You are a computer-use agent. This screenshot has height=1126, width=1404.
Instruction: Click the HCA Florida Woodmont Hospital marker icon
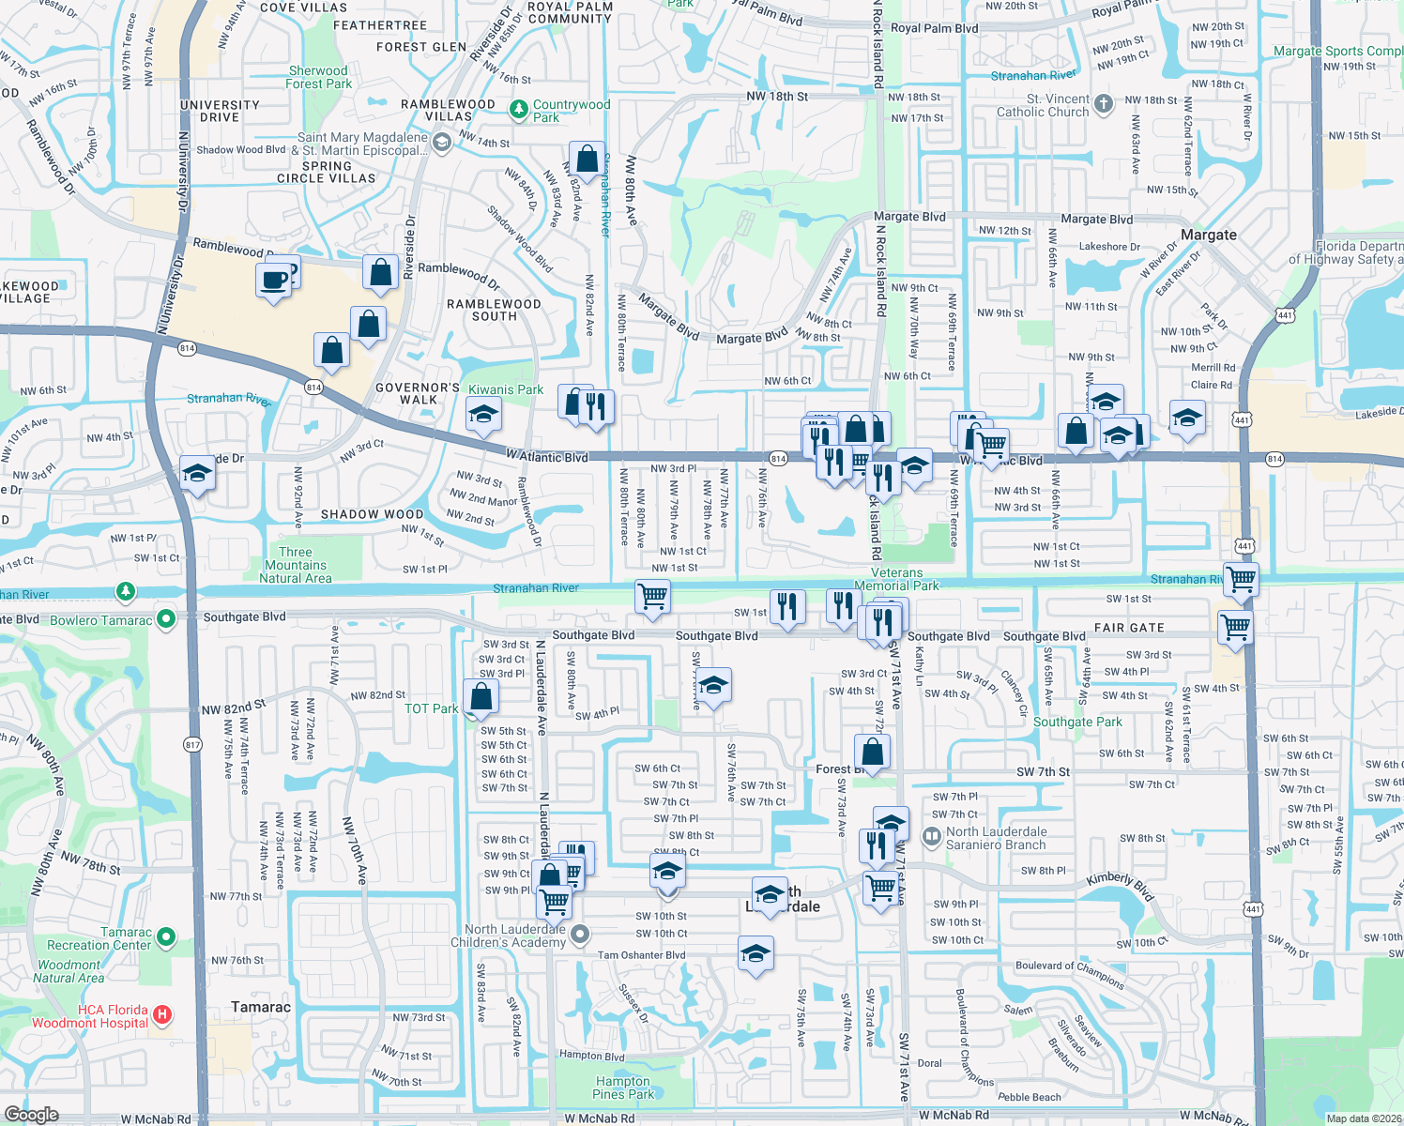162,1014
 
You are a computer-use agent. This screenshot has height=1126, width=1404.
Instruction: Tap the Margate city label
1209,235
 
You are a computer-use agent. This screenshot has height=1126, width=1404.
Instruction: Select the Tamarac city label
261,1007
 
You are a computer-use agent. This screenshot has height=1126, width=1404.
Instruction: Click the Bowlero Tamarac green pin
166,618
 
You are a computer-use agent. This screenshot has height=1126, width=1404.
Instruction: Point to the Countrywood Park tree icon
518,110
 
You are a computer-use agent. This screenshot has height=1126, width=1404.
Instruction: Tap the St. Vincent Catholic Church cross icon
1104,104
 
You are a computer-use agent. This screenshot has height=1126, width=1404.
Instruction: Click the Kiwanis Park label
506,389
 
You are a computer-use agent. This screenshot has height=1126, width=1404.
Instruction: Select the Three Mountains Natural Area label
296,565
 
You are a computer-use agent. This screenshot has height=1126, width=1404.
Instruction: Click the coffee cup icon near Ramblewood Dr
273,280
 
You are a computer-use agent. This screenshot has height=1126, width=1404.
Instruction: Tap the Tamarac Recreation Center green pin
166,936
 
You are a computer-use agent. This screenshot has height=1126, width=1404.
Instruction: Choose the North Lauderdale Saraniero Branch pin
932,837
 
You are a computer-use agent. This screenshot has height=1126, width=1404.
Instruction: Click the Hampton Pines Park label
622,1088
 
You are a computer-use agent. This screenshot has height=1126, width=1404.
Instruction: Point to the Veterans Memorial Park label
896,579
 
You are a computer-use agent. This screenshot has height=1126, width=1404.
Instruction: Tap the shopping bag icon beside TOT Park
481,697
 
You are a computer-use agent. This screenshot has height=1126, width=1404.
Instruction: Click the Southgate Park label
1077,722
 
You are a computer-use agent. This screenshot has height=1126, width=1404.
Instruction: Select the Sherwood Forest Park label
319,77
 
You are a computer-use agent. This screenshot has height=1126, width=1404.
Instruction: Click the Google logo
31,1114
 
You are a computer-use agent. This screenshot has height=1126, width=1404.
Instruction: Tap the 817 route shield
193,745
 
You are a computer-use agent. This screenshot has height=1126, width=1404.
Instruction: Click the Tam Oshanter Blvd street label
641,955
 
